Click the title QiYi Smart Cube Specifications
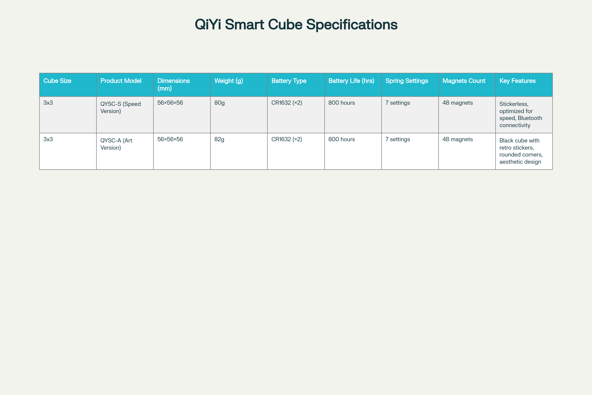click(296, 25)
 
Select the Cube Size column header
click(57, 81)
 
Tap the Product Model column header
click(121, 81)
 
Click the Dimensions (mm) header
click(173, 84)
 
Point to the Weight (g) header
click(229, 81)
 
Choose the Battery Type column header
click(289, 81)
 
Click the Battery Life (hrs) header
click(351, 81)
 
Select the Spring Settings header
click(407, 81)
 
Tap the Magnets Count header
click(464, 81)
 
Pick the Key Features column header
click(517, 81)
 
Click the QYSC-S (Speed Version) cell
click(120, 108)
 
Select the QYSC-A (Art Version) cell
click(116, 144)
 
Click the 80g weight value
click(220, 103)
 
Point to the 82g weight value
click(219, 139)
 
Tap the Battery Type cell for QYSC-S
click(287, 103)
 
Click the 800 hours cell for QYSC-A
click(342, 139)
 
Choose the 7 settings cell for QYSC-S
click(398, 103)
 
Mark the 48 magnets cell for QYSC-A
click(458, 139)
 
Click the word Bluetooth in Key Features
click(530, 118)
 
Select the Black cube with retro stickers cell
click(521, 151)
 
